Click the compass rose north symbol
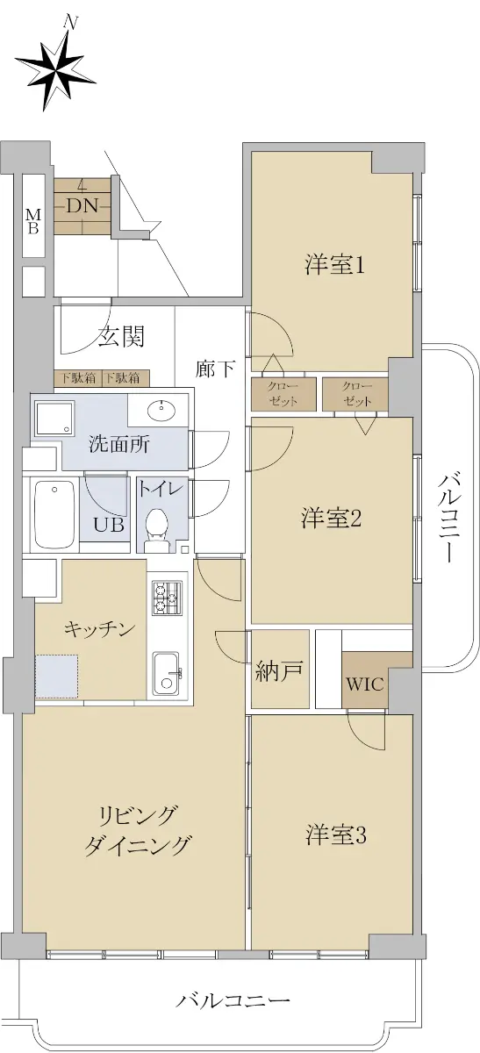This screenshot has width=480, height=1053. click(56, 71)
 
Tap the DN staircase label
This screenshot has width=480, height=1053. click(82, 205)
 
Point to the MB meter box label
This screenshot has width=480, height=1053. click(33, 221)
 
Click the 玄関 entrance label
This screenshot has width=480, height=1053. click(121, 336)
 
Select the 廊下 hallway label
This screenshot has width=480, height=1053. click(215, 369)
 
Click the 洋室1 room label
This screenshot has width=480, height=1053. click(334, 265)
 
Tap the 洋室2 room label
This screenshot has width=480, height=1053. click(331, 518)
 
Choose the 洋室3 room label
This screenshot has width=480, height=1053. click(336, 835)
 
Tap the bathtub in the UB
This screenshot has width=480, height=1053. click(54, 514)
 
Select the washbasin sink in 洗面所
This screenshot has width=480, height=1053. click(161, 411)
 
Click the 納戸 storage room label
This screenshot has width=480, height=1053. click(278, 671)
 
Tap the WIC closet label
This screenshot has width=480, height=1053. click(365, 684)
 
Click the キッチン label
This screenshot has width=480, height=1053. click(100, 629)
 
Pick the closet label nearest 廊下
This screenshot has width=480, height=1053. click(283, 394)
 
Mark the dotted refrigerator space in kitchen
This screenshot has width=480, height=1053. click(56, 677)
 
